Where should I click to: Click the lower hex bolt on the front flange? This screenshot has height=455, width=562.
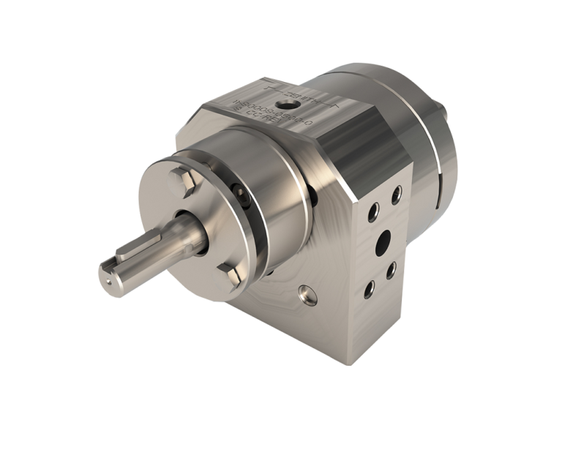pyautogui.click(x=231, y=277)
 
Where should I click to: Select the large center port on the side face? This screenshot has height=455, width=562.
pyautogui.click(x=382, y=241)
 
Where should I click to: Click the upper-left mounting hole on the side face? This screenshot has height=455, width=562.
pyautogui.click(x=372, y=212)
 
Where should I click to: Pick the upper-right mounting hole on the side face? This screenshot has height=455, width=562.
pyautogui.click(x=396, y=195)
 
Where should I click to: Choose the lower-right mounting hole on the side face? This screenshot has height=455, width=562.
pyautogui.click(x=391, y=269)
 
